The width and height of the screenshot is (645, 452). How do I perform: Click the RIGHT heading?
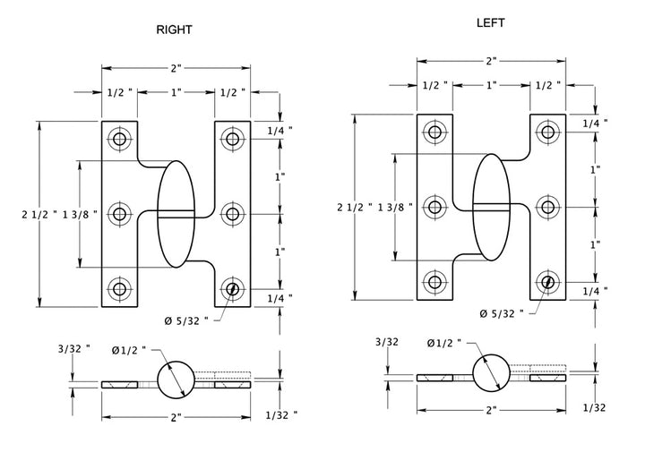174,30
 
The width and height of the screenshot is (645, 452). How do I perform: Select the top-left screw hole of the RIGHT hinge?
119,139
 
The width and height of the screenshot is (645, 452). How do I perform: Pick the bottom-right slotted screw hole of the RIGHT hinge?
232,288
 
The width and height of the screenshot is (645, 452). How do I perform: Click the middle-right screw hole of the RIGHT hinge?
232,213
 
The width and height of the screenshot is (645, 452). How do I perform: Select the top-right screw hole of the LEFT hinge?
548,132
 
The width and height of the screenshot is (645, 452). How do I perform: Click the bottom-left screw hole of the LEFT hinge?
434,283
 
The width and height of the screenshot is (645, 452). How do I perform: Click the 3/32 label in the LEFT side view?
387,342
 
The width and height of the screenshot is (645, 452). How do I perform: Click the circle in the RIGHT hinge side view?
176,379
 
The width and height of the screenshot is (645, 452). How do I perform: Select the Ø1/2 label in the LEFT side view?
444,343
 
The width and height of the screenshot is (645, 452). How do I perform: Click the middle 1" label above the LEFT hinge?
491,85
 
